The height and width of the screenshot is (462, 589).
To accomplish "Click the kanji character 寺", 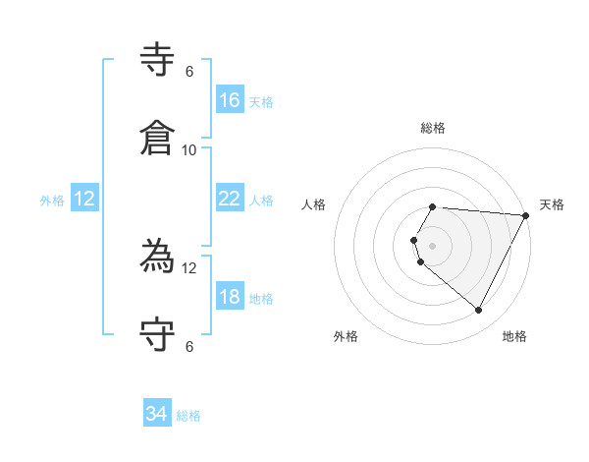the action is [158, 61].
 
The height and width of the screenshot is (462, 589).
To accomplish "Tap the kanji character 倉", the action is [158, 138].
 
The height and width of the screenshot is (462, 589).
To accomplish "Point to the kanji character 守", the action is [158, 334].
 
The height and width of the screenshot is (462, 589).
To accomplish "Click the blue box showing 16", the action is [230, 99].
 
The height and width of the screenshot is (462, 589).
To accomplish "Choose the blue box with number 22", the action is [230, 199].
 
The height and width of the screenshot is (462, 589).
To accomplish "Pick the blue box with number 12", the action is [84, 199].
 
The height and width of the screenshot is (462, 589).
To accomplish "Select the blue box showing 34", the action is [157, 414].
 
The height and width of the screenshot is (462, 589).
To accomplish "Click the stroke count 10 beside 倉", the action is [189, 149].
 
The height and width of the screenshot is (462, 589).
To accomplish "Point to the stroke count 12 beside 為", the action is [189, 268].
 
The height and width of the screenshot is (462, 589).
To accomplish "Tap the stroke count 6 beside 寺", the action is [189, 71].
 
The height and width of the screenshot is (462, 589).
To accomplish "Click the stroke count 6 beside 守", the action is [189, 346].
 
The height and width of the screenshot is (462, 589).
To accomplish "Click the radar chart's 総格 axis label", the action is [433, 128].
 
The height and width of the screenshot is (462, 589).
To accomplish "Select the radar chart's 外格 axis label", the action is [346, 336].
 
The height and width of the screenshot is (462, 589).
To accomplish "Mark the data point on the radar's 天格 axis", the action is [526, 215].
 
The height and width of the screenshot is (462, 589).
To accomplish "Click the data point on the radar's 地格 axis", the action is [479, 310].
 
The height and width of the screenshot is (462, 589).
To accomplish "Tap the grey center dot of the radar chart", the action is [433, 245].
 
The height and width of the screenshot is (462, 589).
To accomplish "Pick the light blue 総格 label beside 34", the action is [188, 416].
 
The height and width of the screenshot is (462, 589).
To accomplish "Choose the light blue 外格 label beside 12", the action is [52, 200].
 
